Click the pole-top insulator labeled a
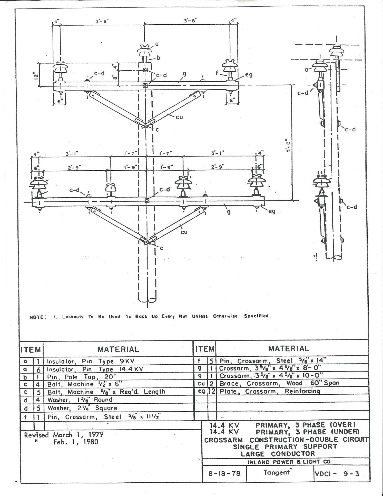[144, 50]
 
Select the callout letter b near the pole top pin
[158, 58]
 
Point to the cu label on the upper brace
[179, 117]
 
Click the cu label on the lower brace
[184, 232]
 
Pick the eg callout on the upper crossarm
[249, 74]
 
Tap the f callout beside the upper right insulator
[217, 73]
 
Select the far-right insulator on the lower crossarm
[257, 181]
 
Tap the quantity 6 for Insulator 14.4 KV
[38, 369]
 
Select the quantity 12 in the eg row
[212, 391]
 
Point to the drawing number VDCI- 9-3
[337, 473]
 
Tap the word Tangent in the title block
[277, 472]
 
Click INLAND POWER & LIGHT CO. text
[289, 462]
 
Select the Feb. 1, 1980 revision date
[76, 442]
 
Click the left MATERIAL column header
[118, 349]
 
